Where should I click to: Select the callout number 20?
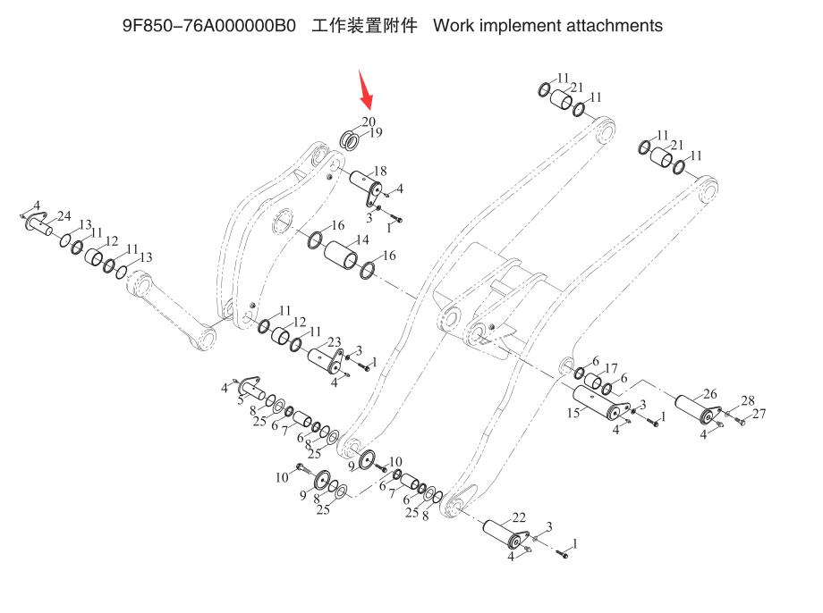coord(369,122)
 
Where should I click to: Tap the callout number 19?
coord(376,132)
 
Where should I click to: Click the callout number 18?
coord(380,171)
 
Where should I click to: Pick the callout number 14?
coord(361,240)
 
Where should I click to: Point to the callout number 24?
coord(64,215)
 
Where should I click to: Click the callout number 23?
coord(335,341)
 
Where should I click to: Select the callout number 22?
coord(520,517)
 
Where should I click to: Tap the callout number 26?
coord(709,393)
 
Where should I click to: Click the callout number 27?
coord(759,413)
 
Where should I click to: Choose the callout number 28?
coord(747,400)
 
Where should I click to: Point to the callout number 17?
coord(611,368)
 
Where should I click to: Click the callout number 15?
coord(573,413)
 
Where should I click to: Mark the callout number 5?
coord(240,401)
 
